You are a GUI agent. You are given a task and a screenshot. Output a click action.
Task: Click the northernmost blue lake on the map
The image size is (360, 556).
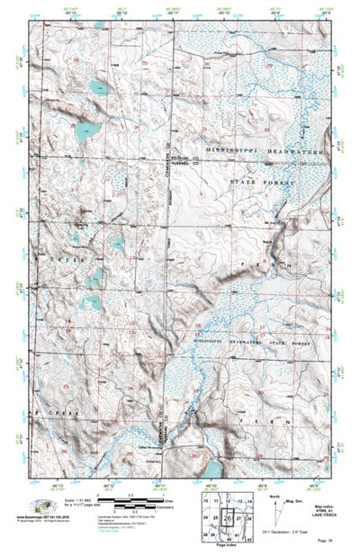98,87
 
